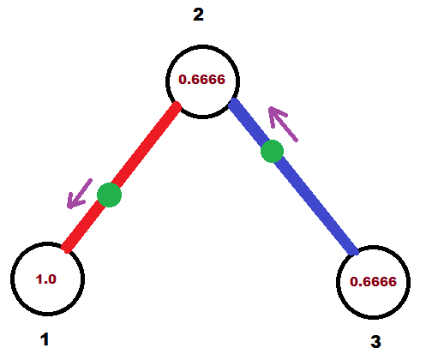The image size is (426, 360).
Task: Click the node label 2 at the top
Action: tap(198, 15)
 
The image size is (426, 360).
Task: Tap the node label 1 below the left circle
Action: tap(45, 339)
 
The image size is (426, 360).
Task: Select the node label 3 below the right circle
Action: tap(375, 341)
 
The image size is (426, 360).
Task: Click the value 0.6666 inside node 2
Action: tap(201, 80)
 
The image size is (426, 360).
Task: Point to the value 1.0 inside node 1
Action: tap(46, 279)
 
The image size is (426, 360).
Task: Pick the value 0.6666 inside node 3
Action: tap(373, 282)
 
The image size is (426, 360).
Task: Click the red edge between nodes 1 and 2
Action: tap(123, 177)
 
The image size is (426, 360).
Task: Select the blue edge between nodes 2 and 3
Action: tap(294, 177)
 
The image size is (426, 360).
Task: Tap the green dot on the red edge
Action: tap(110, 195)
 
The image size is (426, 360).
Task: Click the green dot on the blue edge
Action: tap(273, 152)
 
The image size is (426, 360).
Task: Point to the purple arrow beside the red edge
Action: tap(80, 194)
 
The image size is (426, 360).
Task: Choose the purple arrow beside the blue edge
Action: tap(283, 123)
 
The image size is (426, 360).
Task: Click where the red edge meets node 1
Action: tap(66, 248)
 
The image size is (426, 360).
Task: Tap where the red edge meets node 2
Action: tap(177, 107)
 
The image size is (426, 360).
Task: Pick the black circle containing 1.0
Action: tap(47, 243)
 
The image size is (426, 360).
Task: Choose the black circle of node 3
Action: tap(373, 246)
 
